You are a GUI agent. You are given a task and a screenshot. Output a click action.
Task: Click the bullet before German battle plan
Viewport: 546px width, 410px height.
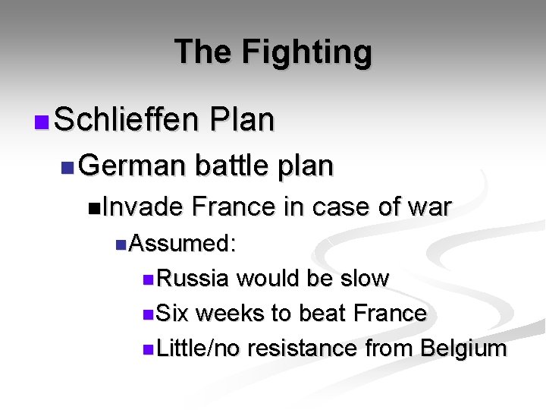pos(67,166)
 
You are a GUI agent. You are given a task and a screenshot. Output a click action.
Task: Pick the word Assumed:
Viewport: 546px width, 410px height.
pos(182,244)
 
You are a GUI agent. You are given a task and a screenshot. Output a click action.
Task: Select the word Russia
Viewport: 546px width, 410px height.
pos(193,279)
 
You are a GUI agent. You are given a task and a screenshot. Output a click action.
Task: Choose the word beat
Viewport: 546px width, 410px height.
pos(325,313)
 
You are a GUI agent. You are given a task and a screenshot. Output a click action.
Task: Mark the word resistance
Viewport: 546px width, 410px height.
pos(303,348)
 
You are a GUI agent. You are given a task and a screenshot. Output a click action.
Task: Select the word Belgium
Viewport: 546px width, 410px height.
pos(463,348)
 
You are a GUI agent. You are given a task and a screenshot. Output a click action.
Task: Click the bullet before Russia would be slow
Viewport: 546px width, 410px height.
pos(147,279)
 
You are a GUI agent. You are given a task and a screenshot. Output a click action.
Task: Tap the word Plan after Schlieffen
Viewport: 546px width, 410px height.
pos(243,119)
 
